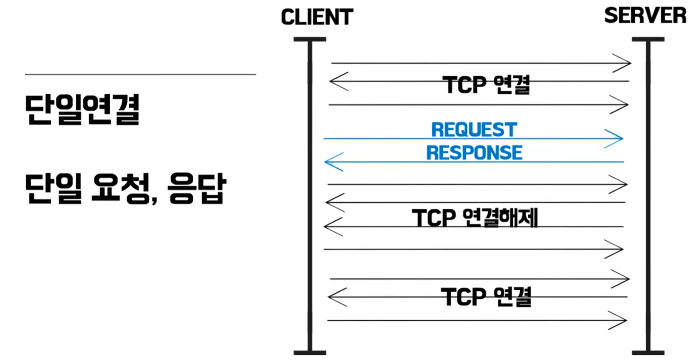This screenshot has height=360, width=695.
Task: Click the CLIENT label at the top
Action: coord(317,18)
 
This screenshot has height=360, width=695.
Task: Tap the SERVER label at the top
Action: coord(645,16)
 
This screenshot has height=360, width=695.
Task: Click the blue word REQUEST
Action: coord(474,129)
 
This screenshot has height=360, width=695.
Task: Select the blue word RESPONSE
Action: coord(474,153)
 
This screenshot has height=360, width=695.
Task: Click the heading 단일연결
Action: coord(82,110)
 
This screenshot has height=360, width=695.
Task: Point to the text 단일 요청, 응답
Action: coord(124,189)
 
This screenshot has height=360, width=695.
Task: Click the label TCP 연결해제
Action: coord(475,218)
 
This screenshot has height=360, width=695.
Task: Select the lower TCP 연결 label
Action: coord(487,297)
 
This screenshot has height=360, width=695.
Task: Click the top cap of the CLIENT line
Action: coord(310,39)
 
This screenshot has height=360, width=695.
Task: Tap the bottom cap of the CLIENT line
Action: coord(310,352)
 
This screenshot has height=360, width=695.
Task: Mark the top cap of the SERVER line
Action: coord(648,39)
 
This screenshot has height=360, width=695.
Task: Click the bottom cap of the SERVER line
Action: coord(648,352)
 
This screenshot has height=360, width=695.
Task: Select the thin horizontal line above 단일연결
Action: coord(140,74)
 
